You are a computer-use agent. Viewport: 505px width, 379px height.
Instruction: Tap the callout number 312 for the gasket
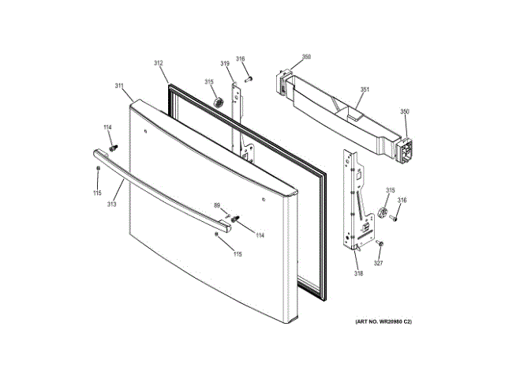click(158, 63)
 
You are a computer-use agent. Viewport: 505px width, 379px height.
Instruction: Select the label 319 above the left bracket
click(225, 63)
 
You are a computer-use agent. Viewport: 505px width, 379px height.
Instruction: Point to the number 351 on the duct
click(365, 89)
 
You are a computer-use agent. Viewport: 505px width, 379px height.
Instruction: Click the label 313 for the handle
click(112, 205)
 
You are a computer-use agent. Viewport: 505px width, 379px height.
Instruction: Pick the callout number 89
click(217, 205)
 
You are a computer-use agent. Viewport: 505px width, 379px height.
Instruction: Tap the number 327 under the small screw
click(378, 263)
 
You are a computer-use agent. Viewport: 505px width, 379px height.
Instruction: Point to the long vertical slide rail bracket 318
click(353, 201)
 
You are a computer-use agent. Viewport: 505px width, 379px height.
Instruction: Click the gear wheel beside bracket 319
click(217, 104)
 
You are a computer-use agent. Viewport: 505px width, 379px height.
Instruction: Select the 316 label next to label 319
click(241, 58)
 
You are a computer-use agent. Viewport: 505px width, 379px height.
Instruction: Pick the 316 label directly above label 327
click(402, 201)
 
